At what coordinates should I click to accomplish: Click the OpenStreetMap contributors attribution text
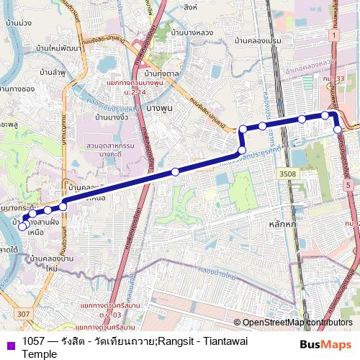pos(297,323)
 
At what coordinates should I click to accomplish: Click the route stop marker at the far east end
pos(338,130)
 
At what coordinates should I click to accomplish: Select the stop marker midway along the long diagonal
pos(175,172)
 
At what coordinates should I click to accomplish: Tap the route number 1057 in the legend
pos(34,339)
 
